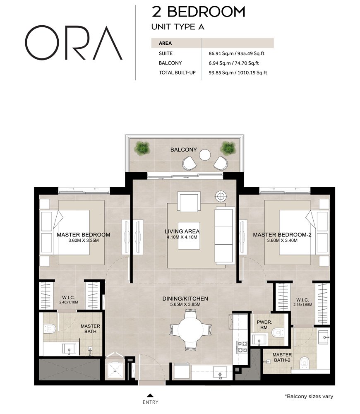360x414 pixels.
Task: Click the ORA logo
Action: [x=73, y=43]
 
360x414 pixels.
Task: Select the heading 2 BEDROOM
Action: [x=199, y=12]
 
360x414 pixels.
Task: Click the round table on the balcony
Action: [x=205, y=155]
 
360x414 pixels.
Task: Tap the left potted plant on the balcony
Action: [x=142, y=147]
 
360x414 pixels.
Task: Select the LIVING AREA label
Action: [x=182, y=231]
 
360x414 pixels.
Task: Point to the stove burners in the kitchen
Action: [x=241, y=347]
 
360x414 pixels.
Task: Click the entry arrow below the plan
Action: [x=150, y=395]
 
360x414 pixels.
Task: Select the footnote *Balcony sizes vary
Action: [x=309, y=396]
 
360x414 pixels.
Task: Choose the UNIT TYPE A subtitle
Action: [x=178, y=27]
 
